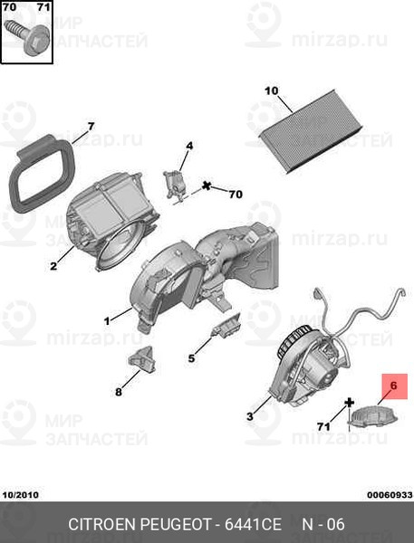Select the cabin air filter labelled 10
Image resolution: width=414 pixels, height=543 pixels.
pos(311,131)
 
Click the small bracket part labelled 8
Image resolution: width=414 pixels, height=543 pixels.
pos(142,360)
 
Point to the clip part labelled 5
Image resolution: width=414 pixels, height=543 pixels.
pos(226,326)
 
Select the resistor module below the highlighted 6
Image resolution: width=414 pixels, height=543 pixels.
pos(372,415)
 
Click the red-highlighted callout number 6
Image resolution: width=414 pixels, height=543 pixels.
pos(393,386)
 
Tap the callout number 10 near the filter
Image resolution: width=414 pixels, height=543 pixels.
pos(271,91)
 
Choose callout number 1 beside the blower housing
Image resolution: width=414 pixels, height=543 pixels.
pos(107,321)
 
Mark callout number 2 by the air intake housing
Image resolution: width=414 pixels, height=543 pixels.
pos(53,266)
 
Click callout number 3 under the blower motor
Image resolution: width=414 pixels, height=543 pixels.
pos(250,416)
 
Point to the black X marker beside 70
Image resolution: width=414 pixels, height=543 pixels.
pos(207,186)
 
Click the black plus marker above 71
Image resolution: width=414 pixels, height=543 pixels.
pos(349,403)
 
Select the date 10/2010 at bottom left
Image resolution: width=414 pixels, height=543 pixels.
pos(21,495)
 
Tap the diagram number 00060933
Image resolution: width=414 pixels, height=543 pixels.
pos(390,495)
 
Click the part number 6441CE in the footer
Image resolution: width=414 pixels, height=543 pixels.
pos(253,524)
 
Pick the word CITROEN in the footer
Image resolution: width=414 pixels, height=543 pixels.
pos(102,524)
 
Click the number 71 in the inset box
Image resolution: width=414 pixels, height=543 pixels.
pos(43,7)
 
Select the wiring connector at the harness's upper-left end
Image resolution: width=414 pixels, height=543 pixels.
pos(317,294)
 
